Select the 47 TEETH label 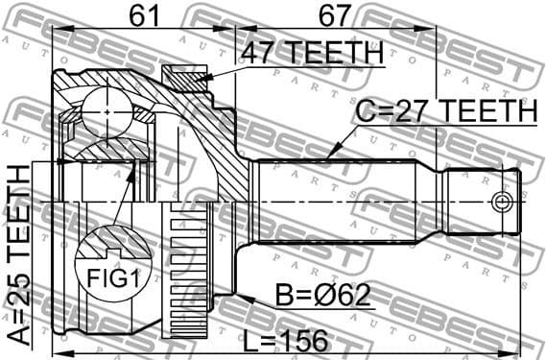point(310,53)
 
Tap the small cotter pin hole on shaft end point(500,202)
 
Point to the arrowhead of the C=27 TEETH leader point(327,156)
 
